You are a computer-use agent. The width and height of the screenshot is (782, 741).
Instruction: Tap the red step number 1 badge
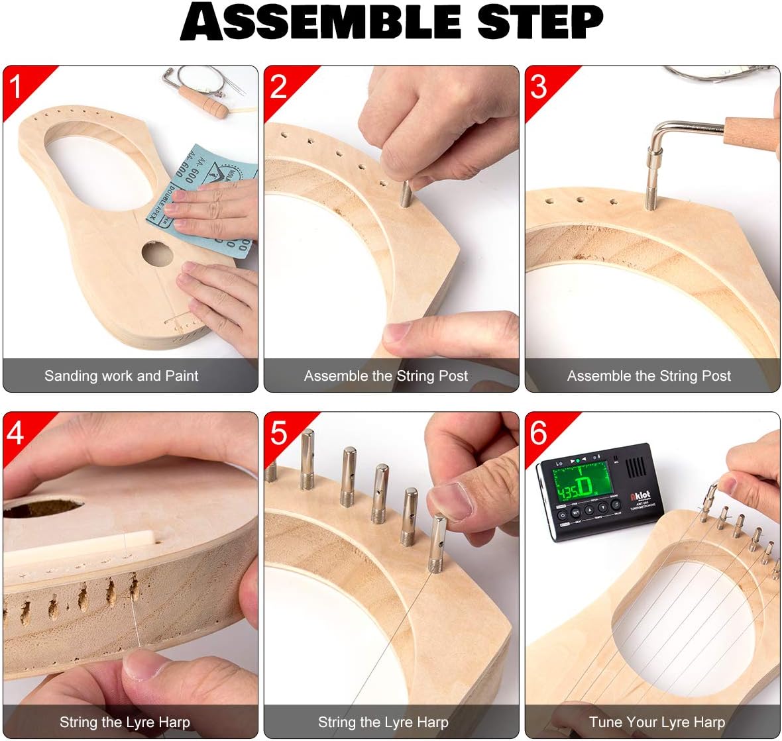point(17,86)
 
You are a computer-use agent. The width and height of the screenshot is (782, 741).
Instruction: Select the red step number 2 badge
point(278,86)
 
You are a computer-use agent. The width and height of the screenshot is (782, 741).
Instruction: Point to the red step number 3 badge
point(539,86)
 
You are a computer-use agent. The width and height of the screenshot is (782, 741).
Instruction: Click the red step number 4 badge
point(17,432)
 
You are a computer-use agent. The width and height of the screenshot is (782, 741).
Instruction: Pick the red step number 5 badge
point(278,432)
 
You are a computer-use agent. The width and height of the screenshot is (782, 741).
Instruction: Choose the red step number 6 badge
point(539,432)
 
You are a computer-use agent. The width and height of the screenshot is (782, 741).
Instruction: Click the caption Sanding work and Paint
point(121,376)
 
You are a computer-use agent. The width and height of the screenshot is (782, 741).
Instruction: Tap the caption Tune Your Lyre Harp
point(657,722)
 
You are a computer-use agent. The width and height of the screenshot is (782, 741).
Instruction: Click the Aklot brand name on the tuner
point(640,495)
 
